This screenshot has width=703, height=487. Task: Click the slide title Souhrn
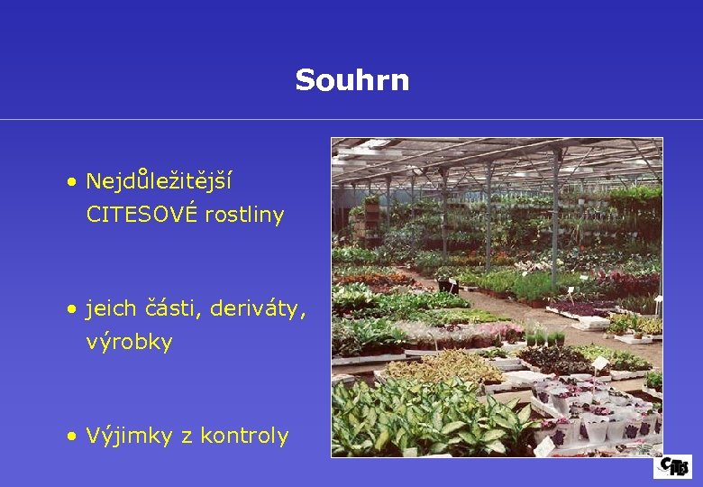coord(351,80)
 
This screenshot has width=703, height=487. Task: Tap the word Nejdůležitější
coord(159,181)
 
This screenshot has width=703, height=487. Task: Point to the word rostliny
coord(244,215)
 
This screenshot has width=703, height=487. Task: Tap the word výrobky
coord(129,343)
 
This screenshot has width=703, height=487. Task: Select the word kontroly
coord(244,436)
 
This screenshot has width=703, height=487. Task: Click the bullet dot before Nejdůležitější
coord(71,182)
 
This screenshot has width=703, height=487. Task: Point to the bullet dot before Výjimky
coord(71,436)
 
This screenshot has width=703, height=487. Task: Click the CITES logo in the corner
coord(673,466)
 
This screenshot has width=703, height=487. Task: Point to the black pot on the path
coord(448,286)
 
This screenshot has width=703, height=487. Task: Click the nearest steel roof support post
coord(555,225)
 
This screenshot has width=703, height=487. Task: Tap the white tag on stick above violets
coord(599,363)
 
